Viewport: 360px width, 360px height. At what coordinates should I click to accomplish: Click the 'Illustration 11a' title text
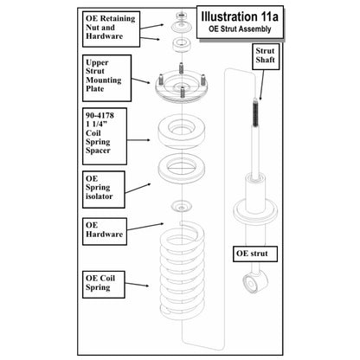click(x=240, y=16)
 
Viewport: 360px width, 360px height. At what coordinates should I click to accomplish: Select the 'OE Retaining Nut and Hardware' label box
click(x=112, y=29)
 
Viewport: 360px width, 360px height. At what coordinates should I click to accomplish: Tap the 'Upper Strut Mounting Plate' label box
click(x=107, y=78)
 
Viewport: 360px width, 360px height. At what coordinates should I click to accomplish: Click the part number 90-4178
click(x=100, y=115)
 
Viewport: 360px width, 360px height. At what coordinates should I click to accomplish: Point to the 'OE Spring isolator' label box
click(x=104, y=190)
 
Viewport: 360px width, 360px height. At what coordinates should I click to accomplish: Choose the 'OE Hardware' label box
click(x=105, y=231)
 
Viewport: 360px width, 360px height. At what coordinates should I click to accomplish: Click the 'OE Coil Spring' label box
click(x=104, y=285)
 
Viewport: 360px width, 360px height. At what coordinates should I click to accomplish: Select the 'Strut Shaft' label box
click(x=266, y=56)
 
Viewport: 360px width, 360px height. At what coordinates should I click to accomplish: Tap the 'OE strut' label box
click(x=255, y=254)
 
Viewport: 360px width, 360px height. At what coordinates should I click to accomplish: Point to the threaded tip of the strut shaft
click(x=255, y=112)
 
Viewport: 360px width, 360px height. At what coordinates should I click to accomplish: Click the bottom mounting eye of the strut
click(x=251, y=283)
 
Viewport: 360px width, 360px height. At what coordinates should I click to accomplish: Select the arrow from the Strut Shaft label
click(x=262, y=85)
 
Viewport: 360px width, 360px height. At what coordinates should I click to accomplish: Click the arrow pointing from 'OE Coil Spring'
click(x=137, y=285)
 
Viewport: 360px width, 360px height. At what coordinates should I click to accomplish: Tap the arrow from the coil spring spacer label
click(x=138, y=140)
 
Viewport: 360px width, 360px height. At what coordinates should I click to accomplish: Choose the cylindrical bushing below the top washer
click(x=182, y=45)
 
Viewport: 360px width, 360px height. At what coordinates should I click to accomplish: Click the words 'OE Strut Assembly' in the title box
click(x=240, y=29)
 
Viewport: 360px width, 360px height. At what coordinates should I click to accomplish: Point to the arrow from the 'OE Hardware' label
click(x=145, y=227)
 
